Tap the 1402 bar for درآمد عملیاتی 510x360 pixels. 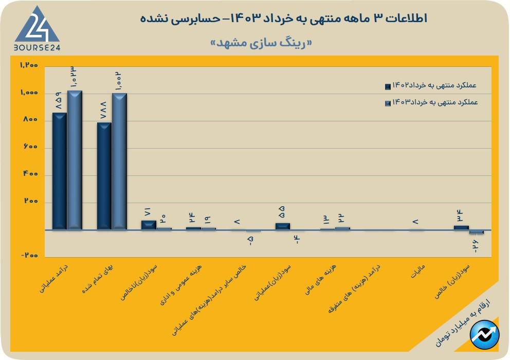pyautogui.click(x=60, y=171)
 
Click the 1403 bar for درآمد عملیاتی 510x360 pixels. pyautogui.click(x=75, y=160)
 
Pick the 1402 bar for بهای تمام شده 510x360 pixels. pyautogui.click(x=104, y=176)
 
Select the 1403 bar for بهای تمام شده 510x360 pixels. pyautogui.click(x=119, y=161)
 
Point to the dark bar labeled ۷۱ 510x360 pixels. pyautogui.click(x=149, y=225)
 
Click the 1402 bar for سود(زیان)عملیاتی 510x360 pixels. pyautogui.click(x=282, y=226)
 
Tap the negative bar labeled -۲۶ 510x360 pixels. pyautogui.click(x=476, y=232)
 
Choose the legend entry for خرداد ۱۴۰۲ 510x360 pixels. pyautogui.click(x=431, y=86)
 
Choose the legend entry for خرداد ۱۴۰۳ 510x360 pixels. pyautogui.click(x=431, y=102)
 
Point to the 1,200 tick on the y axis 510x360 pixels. pyautogui.click(x=29, y=65)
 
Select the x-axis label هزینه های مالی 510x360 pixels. pyautogui.click(x=326, y=280)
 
